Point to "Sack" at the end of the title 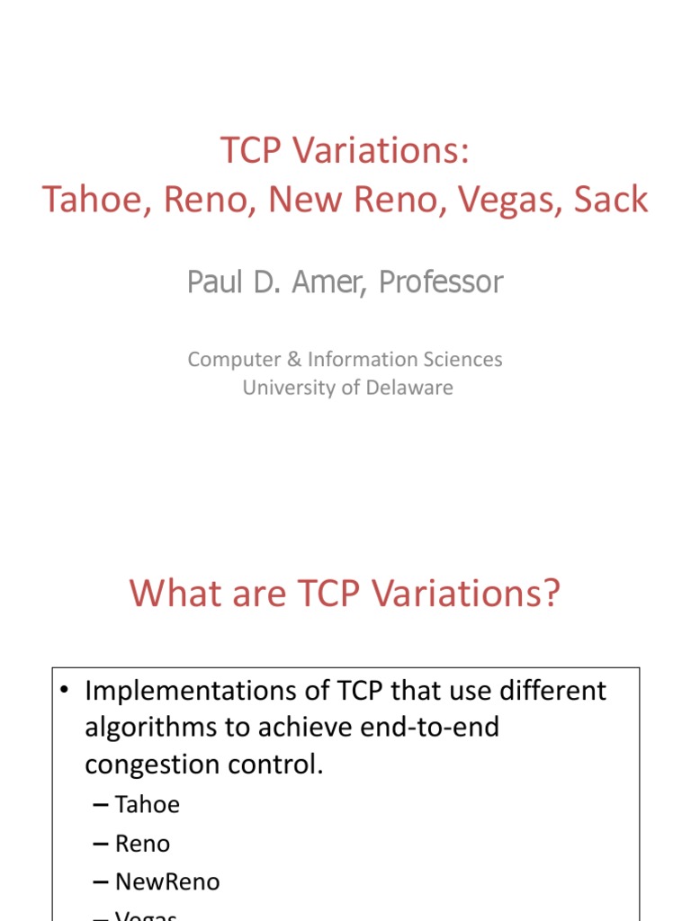(x=610, y=199)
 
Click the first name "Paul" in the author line (x=214, y=282)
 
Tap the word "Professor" (x=441, y=282)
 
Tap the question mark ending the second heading (x=551, y=594)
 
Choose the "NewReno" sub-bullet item (x=167, y=882)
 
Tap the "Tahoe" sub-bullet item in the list (x=148, y=804)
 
